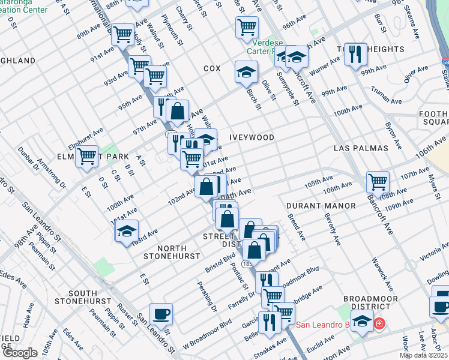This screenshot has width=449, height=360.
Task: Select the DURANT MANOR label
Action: pyautogui.click(x=321, y=206)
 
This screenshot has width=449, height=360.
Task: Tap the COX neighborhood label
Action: pyautogui.click(x=212, y=69)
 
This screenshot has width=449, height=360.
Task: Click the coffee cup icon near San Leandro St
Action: pyautogui.click(x=161, y=313)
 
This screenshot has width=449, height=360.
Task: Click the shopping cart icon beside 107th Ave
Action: pyautogui.click(x=378, y=181)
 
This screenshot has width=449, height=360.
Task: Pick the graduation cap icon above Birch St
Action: pyautogui.click(x=246, y=72)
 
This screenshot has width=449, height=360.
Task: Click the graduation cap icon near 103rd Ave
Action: pyautogui.click(x=127, y=230)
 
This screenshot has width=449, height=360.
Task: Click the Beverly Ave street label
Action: pyautogui.click(x=332, y=229)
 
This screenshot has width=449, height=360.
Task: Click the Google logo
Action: pyautogui.click(x=20, y=353)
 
